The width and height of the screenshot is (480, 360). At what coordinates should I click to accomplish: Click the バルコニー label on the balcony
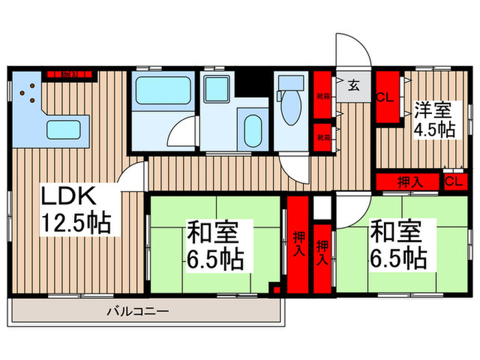137,312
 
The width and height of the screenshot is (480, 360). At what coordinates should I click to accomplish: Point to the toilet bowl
287,103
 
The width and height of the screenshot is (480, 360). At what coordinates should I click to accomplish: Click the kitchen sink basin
64,128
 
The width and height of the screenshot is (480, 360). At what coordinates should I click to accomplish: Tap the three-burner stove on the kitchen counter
29,95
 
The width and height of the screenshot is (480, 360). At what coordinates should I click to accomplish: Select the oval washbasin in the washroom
252,128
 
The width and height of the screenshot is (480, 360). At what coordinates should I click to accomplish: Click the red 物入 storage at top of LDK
69,73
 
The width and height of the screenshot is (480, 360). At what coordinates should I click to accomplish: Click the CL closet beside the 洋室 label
386,97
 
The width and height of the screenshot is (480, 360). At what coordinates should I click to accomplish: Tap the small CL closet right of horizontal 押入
452,181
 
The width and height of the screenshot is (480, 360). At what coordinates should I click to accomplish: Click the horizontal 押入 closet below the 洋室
409,182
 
